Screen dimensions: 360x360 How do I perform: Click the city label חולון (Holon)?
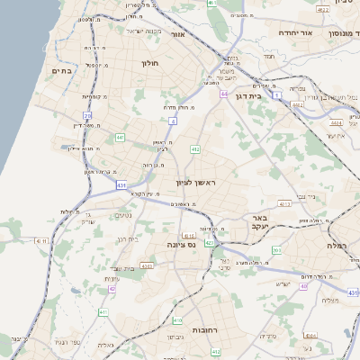point(149,64)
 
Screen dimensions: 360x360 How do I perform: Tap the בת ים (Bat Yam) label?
point(61,70)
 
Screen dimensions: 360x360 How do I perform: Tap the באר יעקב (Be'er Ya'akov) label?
point(261,222)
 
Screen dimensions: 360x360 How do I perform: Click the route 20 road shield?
point(88,116)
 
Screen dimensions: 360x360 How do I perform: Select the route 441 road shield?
point(120,138)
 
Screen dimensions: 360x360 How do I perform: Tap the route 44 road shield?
point(223,94)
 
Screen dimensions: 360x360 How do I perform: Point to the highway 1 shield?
point(278,94)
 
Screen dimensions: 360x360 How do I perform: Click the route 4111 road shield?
point(40,241)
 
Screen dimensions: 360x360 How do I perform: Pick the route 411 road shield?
point(103,311)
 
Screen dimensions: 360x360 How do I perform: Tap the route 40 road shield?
point(304,286)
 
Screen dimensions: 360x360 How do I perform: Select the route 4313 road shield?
point(284,204)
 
